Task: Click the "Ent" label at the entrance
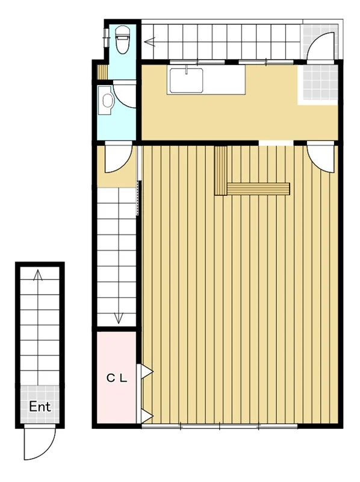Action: coord(40,407)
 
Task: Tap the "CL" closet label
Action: coord(117,378)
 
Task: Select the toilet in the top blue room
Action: coord(122,41)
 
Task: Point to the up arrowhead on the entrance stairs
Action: coord(38,275)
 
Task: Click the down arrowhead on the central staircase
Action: coord(119,318)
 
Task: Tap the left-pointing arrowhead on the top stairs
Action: coord(149,42)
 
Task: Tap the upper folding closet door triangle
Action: coord(146,372)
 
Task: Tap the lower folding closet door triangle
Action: coord(146,416)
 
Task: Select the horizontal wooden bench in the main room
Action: coord(258,189)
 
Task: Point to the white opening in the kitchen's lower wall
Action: coord(276,143)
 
